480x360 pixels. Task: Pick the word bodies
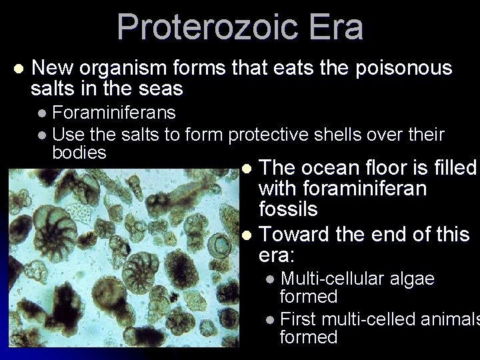tap(79, 153)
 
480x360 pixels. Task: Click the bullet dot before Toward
tap(247, 235)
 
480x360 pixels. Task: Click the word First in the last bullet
tap(299, 319)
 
